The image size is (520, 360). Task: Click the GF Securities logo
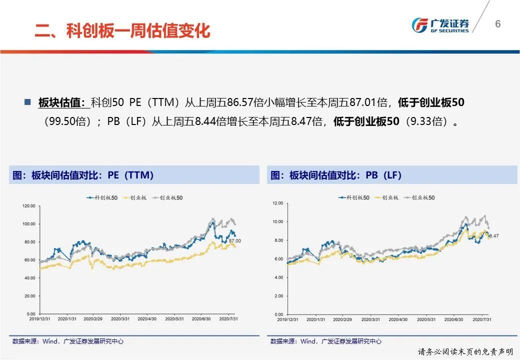tap(439, 25)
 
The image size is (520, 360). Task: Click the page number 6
tap(497, 24)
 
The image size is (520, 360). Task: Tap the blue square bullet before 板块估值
tap(28, 102)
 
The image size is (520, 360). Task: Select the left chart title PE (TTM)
tap(83, 175)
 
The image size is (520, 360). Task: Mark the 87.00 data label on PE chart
tap(235, 241)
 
